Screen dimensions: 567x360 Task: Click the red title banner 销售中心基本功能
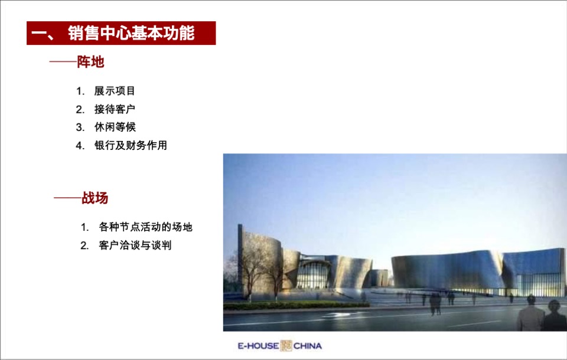point(121,33)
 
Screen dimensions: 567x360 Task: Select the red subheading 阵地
point(90,62)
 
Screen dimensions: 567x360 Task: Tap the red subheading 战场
point(94,198)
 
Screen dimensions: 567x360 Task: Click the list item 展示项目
point(115,91)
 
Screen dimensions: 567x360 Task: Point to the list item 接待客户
point(115,109)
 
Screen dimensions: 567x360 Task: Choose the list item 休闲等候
point(115,127)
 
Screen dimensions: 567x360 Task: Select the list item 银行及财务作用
point(131,145)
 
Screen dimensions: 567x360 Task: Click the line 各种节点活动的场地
point(145,227)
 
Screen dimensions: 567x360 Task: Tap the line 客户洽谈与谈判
point(135,246)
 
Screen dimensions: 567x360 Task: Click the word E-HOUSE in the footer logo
point(258,346)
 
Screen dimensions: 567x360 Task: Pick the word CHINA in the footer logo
point(307,346)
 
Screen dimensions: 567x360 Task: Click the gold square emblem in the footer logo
point(286,346)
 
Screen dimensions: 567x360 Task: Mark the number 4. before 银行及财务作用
point(80,146)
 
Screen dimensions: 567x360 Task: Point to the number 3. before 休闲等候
point(80,127)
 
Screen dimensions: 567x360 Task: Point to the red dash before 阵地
point(63,62)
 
